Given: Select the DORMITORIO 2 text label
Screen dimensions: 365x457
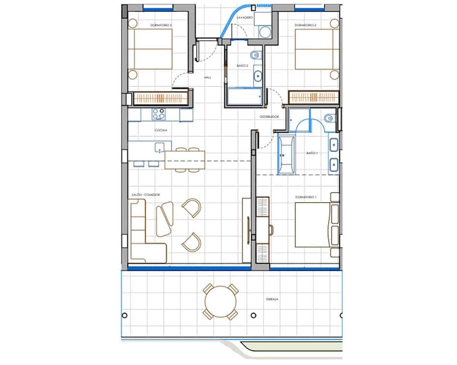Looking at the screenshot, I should click(305, 26).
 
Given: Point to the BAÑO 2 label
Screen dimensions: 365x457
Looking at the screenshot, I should click(242, 66).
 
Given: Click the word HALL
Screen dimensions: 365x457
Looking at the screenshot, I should click(208, 77).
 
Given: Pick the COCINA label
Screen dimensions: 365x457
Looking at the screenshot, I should click(161, 130).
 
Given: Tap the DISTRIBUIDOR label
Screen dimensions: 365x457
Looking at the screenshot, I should click(270, 117).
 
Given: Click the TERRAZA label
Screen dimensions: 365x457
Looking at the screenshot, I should click(272, 299).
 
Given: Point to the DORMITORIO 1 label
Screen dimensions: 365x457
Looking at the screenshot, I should click(305, 197).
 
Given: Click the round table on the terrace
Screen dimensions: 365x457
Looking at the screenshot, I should click(221, 302).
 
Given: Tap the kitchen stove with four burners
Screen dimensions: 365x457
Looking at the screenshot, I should click(159, 114).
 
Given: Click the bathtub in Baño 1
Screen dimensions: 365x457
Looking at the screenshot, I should click(286, 155).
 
